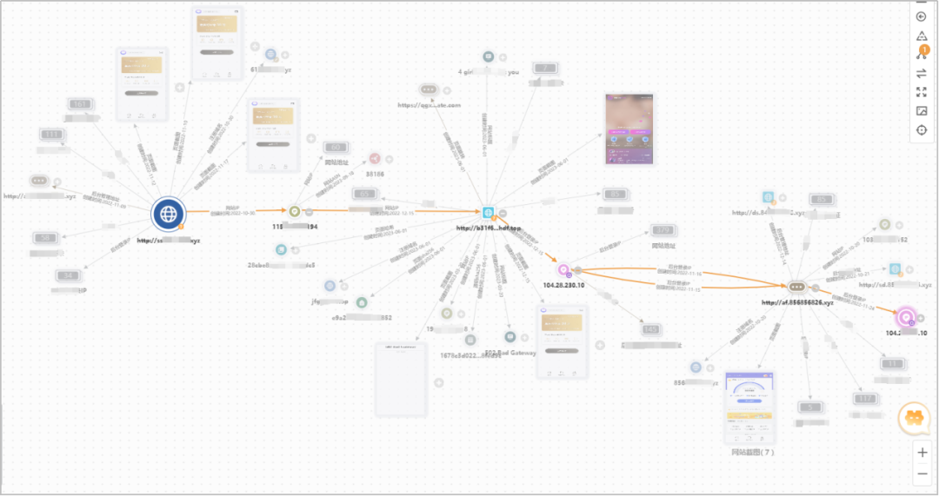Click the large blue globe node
(x=168, y=214)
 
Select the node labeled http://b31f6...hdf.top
(x=489, y=213)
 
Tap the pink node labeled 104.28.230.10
(x=563, y=270)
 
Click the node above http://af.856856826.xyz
(x=798, y=287)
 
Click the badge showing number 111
(x=51, y=135)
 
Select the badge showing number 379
(x=663, y=230)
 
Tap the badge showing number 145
(x=651, y=329)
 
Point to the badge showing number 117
(x=864, y=399)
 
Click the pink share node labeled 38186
(x=375, y=159)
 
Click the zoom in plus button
(x=922, y=453)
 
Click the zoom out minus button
(x=922, y=473)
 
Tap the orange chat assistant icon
(x=914, y=420)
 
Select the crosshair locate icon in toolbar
(x=922, y=130)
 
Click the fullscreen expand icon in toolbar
(x=922, y=92)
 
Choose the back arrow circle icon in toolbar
(x=922, y=17)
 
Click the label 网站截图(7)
(x=753, y=453)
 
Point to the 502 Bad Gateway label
(x=510, y=353)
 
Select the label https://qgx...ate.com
(x=429, y=105)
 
